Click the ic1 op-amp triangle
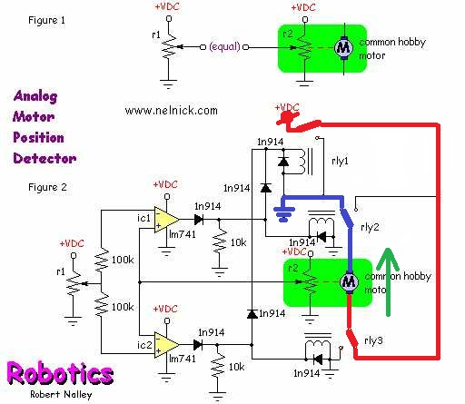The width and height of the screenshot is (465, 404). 165,220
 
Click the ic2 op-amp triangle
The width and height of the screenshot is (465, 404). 165,345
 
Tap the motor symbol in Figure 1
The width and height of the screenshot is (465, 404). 343,47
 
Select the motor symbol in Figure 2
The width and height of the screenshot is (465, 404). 349,281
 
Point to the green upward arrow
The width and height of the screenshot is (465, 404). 388,282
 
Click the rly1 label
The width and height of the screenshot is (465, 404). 340,161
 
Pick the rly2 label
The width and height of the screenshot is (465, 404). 370,227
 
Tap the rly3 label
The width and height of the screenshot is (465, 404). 373,340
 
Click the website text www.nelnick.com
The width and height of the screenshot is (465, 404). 171,111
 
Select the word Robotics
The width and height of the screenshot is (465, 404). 60,373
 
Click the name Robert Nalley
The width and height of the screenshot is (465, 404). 61,395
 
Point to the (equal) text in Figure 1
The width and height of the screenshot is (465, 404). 224,47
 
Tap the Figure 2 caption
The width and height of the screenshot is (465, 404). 47,187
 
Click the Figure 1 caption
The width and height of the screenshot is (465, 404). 46,20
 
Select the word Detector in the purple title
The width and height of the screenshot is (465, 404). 45,158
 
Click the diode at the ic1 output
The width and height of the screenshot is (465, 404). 199,220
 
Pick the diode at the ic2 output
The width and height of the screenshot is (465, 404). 198,345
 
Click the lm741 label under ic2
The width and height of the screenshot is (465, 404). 183,359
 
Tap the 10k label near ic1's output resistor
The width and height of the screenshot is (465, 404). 239,242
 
